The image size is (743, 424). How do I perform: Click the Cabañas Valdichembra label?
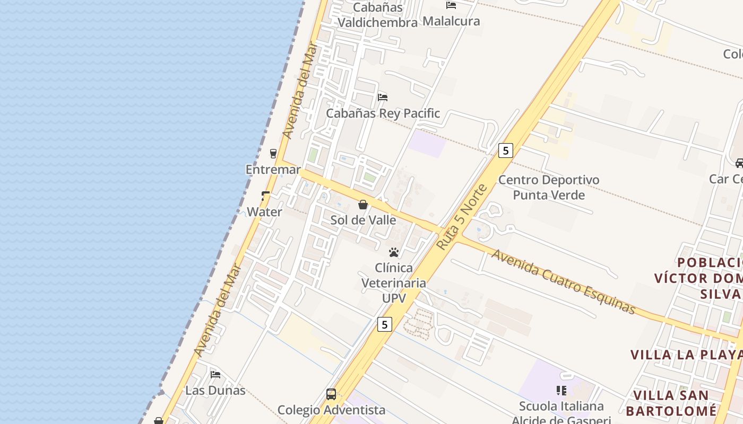pyautogui.click(x=377, y=15)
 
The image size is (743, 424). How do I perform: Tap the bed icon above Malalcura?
pyautogui.click(x=451, y=5)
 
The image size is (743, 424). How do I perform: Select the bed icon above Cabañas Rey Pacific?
pyautogui.click(x=382, y=97)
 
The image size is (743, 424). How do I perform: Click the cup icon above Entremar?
pyautogui.click(x=273, y=154)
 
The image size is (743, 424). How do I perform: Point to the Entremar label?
pyautogui.click(x=273, y=170)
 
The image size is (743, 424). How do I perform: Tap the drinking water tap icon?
pyautogui.click(x=265, y=196)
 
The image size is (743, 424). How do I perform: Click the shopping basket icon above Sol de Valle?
pyautogui.click(x=363, y=205)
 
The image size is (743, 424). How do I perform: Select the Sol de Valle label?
pyautogui.click(x=363, y=220)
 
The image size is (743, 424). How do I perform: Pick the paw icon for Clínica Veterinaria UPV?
pyautogui.click(x=394, y=252)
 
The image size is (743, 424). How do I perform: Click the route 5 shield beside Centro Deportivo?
pyautogui.click(x=506, y=151)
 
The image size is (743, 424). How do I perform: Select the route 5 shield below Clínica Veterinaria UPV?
pyautogui.click(x=385, y=324)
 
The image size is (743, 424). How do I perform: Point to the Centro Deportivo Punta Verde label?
pyautogui.click(x=549, y=187)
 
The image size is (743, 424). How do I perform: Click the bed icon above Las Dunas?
pyautogui.click(x=215, y=374)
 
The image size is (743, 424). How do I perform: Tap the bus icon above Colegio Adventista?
pyautogui.click(x=331, y=394)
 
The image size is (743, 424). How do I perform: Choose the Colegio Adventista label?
pyautogui.click(x=331, y=410)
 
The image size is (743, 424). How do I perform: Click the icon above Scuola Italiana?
pyautogui.click(x=561, y=391)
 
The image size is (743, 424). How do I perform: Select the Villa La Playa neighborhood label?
pyautogui.click(x=686, y=354)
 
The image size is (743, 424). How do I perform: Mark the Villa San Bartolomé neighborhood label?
pyautogui.click(x=671, y=403)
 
